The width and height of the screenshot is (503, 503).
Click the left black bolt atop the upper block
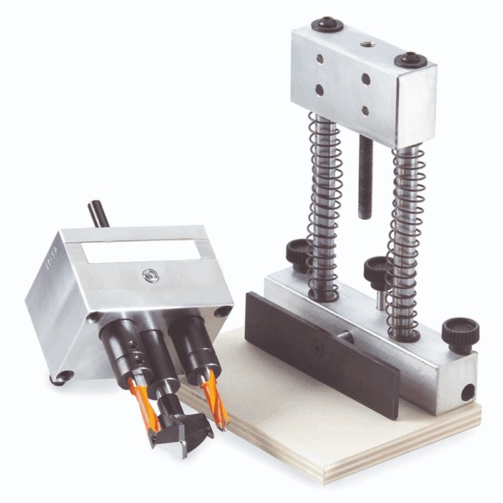pyautogui.click(x=325, y=26)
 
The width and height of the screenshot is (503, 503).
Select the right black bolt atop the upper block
pyautogui.click(x=412, y=60)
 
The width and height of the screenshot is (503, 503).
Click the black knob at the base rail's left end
pyautogui.click(x=297, y=251)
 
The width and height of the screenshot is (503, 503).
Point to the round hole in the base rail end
pyautogui.click(x=466, y=391)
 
